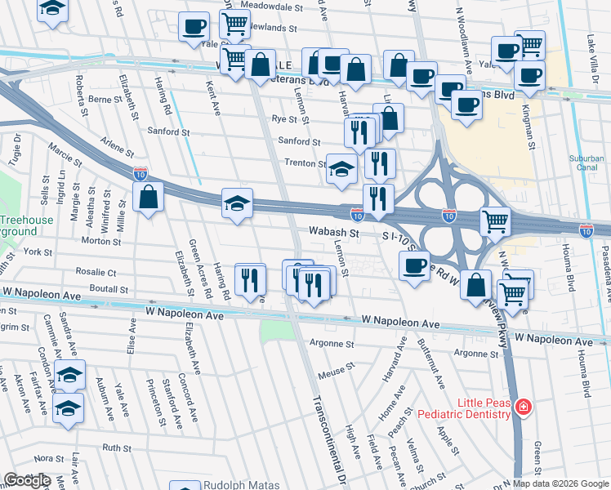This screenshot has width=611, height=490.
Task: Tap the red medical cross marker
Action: point(523,407)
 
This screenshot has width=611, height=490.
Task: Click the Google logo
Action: point(27,480)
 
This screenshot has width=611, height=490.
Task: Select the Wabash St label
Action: point(333,233)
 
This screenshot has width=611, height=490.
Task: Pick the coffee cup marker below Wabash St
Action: point(414,265)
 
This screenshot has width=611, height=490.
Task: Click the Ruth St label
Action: point(117,448)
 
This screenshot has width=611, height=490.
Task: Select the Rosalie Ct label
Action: point(97,272)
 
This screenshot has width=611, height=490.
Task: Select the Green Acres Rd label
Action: point(200,269)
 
